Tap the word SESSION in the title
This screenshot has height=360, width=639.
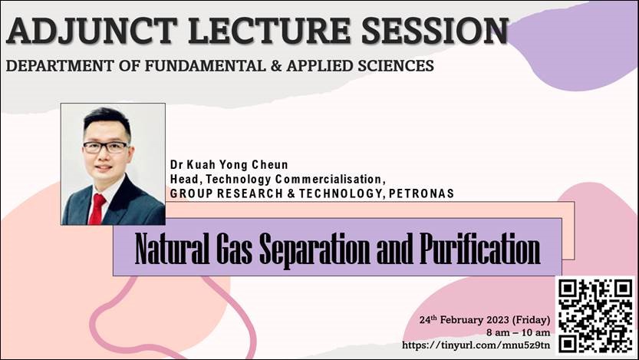(435, 31)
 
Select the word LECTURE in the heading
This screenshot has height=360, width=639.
(269, 31)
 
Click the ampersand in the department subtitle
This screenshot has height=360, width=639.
(276, 66)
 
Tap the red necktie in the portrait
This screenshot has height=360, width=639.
(97, 209)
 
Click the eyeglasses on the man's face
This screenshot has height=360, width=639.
(106, 147)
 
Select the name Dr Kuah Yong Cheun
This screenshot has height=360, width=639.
(229, 165)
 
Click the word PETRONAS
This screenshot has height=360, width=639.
(421, 193)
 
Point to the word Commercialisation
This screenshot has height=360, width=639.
(328, 179)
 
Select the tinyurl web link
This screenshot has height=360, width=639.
(476, 345)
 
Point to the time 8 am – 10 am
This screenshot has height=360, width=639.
(518, 332)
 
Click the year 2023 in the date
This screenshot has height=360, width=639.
(496, 319)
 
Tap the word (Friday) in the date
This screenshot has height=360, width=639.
(531, 320)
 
